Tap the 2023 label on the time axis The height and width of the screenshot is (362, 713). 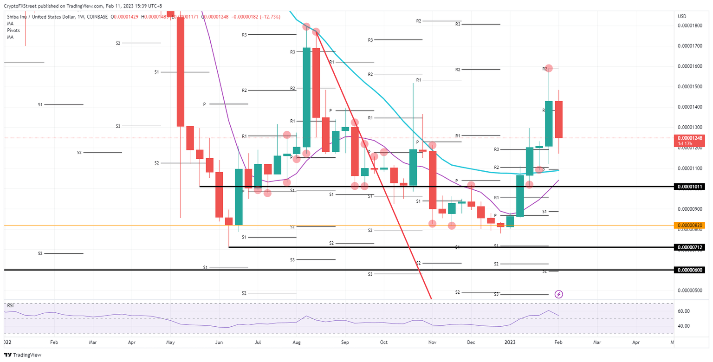pos(510,342)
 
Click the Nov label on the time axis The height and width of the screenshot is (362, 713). pos(432,342)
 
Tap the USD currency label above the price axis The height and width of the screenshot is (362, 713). pos(682,16)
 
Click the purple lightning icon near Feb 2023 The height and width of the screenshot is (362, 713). pos(559,294)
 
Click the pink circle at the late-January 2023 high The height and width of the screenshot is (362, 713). pos(548,68)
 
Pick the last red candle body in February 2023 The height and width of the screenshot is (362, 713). pos(558,119)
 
